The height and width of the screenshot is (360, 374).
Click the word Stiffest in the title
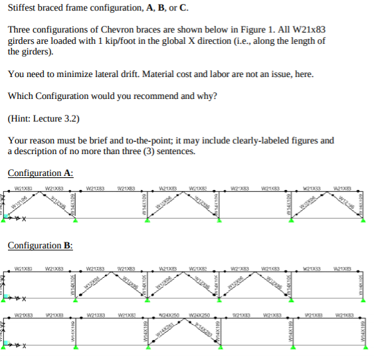[22, 8]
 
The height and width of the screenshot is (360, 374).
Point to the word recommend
[143, 96]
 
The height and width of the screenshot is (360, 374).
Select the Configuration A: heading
[41, 173]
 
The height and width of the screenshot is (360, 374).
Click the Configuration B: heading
[41, 246]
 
